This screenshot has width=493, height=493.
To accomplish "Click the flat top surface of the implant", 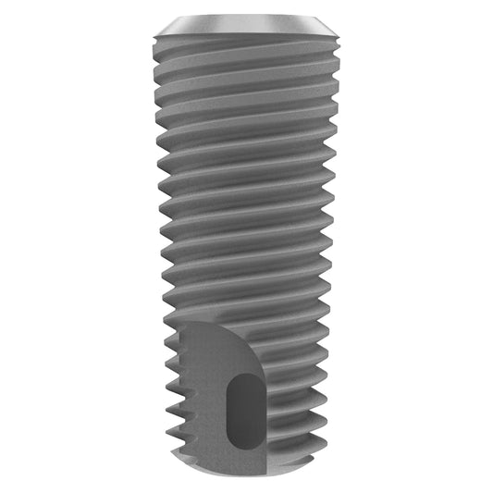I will (246, 19).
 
